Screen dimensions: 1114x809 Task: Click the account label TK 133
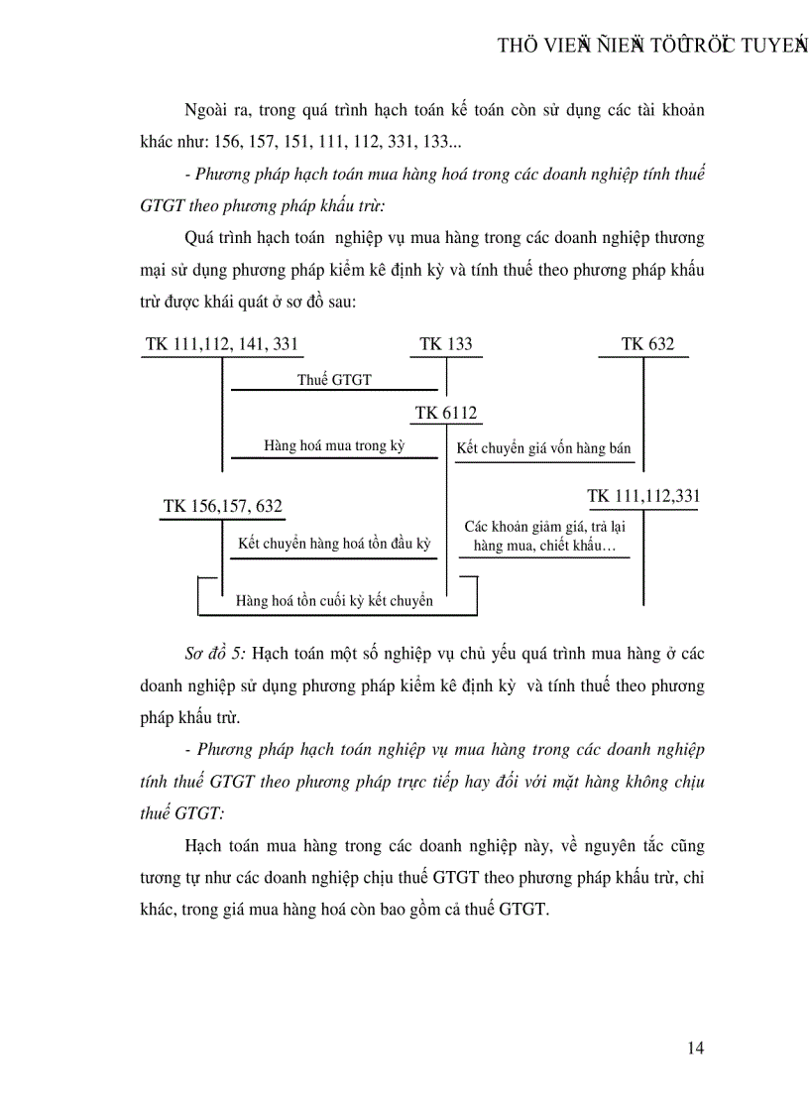(446, 344)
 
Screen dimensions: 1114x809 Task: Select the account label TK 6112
(447, 414)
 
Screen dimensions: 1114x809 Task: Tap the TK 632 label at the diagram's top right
(647, 344)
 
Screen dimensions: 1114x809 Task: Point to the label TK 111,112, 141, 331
(221, 344)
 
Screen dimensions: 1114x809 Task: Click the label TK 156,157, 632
(222, 507)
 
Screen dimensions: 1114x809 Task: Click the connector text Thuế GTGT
(334, 379)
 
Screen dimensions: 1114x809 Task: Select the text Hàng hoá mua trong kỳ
(334, 446)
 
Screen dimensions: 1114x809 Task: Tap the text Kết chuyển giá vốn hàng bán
(543, 448)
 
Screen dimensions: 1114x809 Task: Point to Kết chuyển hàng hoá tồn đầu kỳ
(335, 544)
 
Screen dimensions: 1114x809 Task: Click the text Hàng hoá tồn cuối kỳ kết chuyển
(334, 600)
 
